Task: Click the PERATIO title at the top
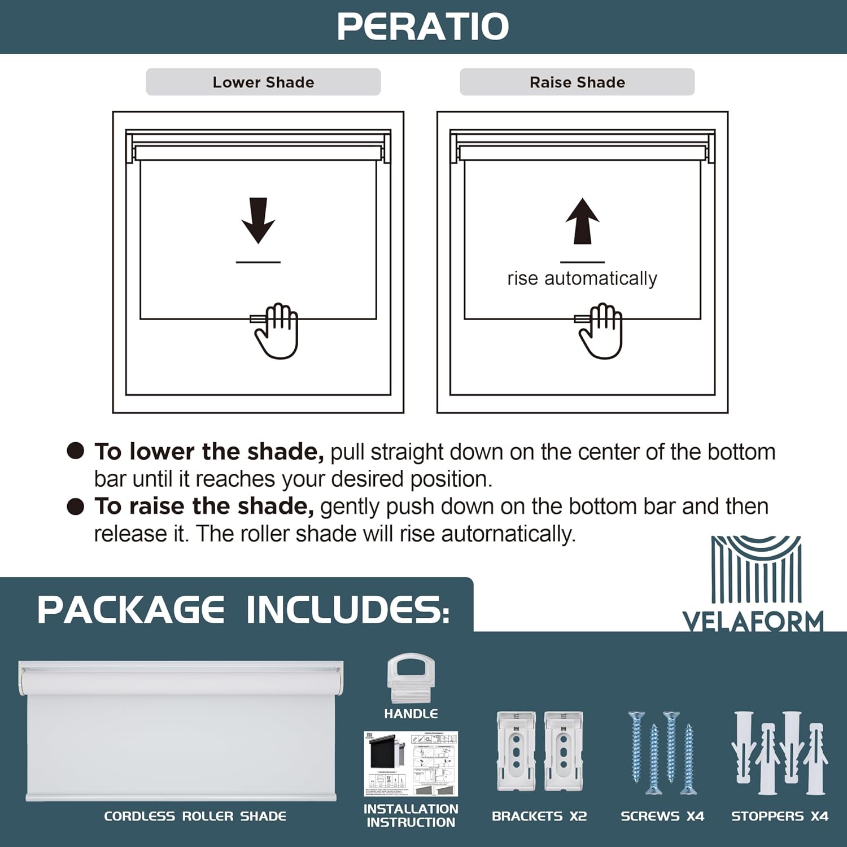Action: pos(423,27)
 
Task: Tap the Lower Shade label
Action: pos(263,82)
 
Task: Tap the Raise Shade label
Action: pos(577,82)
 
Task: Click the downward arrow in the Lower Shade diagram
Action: pos(258,220)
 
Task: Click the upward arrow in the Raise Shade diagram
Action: pos(582,221)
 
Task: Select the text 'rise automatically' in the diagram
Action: pos(582,278)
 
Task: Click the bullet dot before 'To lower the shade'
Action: pos(75,451)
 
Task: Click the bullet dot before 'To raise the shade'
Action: pos(75,507)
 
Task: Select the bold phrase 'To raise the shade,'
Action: pos(204,507)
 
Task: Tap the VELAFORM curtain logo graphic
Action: pos(756,570)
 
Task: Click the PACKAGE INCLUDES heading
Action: pos(243,610)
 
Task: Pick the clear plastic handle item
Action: pos(411,678)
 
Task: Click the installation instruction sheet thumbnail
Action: pos(411,763)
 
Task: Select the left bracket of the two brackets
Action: pos(516,751)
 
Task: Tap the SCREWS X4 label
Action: pos(662,816)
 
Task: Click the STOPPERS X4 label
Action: pos(779,816)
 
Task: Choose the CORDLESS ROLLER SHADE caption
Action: pos(195,816)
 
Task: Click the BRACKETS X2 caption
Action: pos(539,816)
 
